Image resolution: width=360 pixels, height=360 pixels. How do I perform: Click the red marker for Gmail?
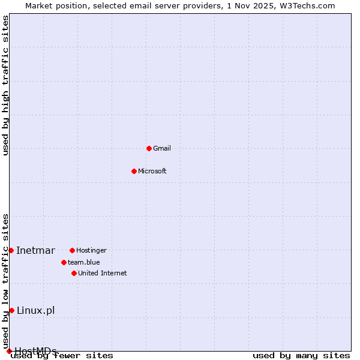click(x=149, y=148)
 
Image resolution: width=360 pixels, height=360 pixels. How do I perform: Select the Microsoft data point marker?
click(x=134, y=171)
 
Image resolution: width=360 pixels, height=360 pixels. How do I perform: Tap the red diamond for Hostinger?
click(x=72, y=250)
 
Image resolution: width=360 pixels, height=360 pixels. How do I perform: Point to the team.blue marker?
click(x=64, y=262)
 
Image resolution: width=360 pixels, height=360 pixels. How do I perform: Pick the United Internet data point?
click(x=74, y=273)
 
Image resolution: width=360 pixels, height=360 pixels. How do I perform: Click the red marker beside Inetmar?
click(x=11, y=250)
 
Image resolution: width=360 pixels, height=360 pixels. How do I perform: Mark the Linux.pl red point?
click(x=11, y=310)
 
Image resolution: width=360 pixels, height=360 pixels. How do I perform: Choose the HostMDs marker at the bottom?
click(x=9, y=351)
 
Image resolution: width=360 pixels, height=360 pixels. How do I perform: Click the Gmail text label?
click(x=162, y=149)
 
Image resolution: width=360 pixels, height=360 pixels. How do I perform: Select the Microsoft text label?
click(x=152, y=172)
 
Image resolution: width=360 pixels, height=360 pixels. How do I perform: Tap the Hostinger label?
click(x=91, y=250)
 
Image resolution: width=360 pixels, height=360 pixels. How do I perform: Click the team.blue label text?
click(x=83, y=262)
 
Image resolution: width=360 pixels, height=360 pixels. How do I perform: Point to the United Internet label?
click(x=102, y=274)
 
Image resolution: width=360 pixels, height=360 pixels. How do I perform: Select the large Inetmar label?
click(x=35, y=251)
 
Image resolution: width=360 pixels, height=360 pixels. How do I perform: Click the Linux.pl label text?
click(x=35, y=310)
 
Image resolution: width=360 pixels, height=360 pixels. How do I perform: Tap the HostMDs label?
click(x=35, y=351)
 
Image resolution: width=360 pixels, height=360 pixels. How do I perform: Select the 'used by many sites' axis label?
click(x=301, y=356)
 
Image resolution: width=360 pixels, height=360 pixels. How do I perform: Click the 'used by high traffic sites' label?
click(x=5, y=85)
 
